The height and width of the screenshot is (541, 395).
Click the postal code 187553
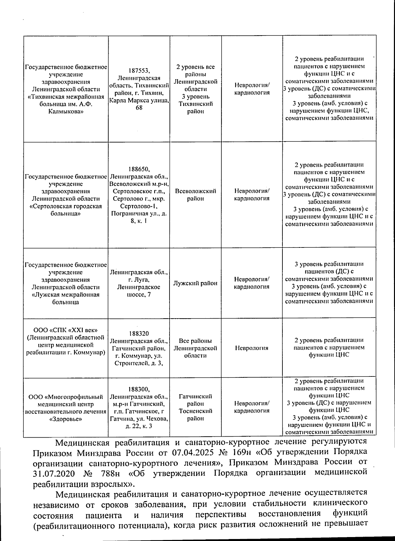pos(139,71)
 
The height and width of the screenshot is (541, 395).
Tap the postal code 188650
pos(139,169)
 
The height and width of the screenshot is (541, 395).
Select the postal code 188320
pos(139,334)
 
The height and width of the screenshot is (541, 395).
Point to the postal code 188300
pos(139,389)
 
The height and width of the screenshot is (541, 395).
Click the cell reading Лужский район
pos(195,283)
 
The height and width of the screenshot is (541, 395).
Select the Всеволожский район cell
pos(196,195)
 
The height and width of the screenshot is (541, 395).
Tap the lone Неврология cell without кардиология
pos(251,348)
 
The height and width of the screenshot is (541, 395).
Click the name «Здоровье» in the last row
pos(66,419)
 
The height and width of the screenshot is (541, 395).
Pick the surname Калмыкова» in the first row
pos(66,112)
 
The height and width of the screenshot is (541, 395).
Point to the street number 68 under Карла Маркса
pos(139,108)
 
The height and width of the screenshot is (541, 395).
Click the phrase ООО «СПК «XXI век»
pos(66,330)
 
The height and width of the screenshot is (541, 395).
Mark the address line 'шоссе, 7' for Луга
pos(139,295)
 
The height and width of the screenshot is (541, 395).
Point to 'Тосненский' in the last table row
pos(195,411)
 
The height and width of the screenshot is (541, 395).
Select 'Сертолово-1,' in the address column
pos(139,206)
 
